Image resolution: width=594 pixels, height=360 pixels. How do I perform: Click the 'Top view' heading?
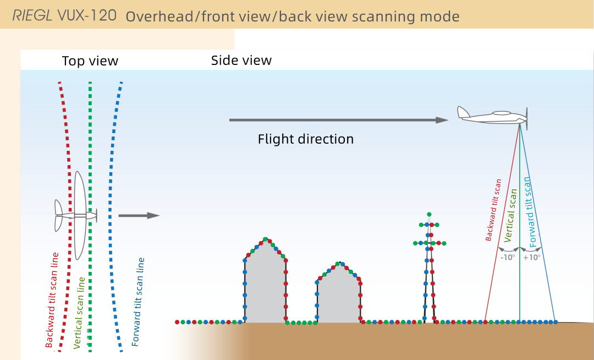pyautogui.click(x=90, y=61)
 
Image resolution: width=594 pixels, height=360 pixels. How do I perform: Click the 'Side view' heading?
pyautogui.click(x=241, y=61)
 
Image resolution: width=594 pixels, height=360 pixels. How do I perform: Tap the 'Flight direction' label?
pyautogui.click(x=305, y=139)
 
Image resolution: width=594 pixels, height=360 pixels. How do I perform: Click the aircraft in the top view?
pyautogui.click(x=78, y=215)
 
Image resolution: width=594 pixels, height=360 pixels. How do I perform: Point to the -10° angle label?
pyautogui.click(x=507, y=257)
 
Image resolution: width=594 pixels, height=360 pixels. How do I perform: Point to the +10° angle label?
pyautogui.click(x=532, y=257)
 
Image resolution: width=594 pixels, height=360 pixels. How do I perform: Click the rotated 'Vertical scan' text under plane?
pyautogui.click(x=512, y=216)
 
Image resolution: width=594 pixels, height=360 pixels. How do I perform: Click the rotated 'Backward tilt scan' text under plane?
pyautogui.click(x=494, y=211)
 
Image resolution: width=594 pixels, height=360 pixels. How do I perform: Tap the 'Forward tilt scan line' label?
pyautogui.click(x=139, y=302)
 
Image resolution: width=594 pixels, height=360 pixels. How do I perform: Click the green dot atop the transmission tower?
pyautogui.click(x=429, y=214)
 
